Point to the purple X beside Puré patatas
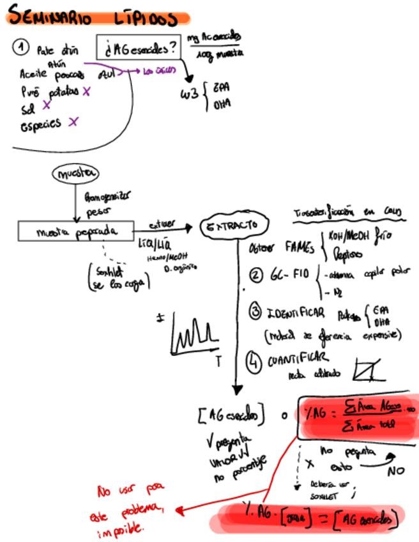(x=86, y=92)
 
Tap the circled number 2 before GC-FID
(x=256, y=275)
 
